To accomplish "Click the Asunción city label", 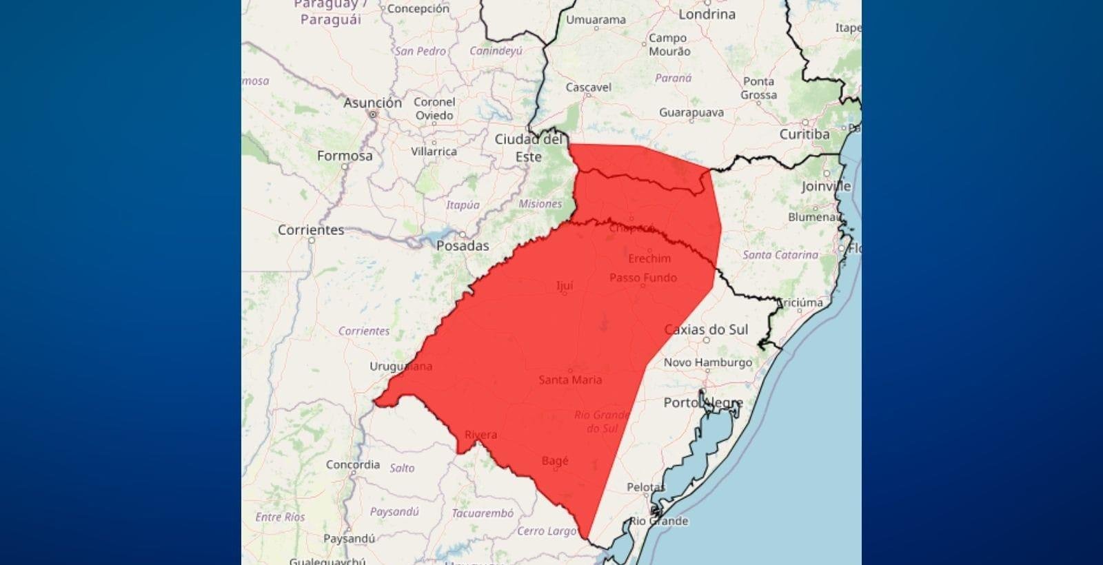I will [372, 103].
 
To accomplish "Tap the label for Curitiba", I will [805, 134].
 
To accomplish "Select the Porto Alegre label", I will [703, 402].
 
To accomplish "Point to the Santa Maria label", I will [570, 380].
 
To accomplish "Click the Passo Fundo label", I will [643, 278].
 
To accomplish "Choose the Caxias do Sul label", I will [706, 329].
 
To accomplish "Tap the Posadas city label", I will [463, 245].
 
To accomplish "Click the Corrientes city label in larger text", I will [311, 229].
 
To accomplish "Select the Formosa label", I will [345, 156].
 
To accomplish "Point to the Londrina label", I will [707, 14].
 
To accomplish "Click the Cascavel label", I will [589, 88].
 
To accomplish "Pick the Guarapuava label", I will [691, 112].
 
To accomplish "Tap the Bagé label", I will [555, 460].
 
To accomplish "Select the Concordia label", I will [353, 464].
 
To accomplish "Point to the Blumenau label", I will [815, 217].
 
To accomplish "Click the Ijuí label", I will [565, 285].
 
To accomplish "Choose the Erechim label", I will [649, 258].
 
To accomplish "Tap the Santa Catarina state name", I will [780, 254].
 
